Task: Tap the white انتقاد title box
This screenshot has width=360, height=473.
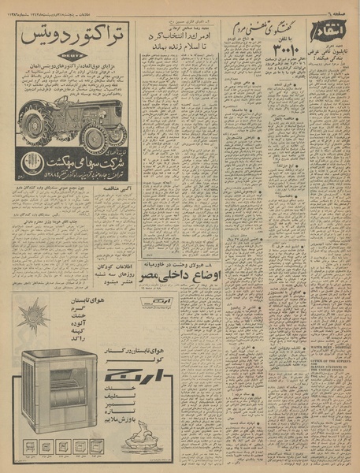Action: coord(329,36)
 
